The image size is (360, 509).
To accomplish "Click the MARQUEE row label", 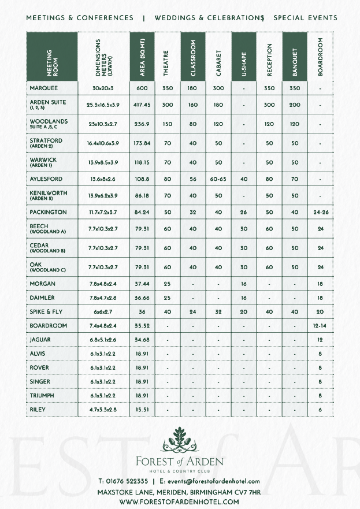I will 44,89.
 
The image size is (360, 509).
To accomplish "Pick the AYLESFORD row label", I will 46,179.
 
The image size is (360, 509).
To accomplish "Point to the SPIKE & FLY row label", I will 46,311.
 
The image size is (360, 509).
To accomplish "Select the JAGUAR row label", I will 41,340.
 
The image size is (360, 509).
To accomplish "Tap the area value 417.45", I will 142,105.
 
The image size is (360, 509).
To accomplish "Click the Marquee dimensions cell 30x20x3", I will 103,89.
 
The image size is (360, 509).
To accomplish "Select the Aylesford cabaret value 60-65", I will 218,179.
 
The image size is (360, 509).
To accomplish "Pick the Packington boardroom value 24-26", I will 320,213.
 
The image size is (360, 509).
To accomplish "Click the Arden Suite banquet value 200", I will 295,105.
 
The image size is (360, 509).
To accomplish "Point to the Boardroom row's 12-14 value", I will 320,326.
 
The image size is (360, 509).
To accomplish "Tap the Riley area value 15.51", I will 142,410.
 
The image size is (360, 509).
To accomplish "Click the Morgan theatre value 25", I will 168,284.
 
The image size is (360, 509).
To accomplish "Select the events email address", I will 211,481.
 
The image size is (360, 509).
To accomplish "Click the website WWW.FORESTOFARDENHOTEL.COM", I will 179,502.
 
